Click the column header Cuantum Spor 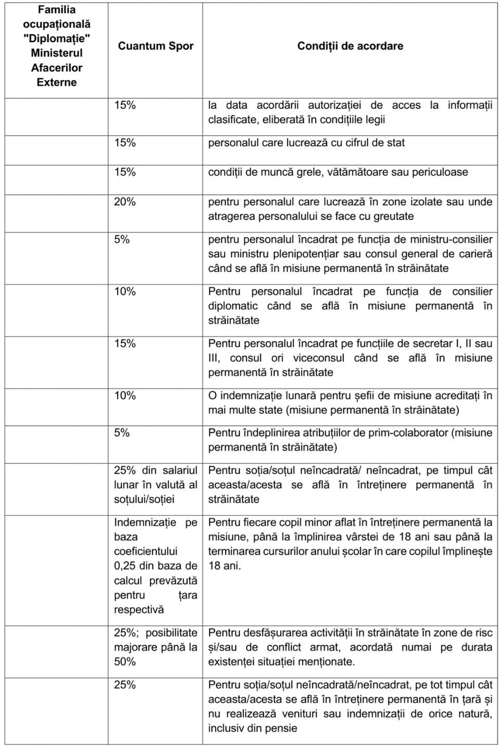click(x=155, y=46)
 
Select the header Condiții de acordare click(x=350, y=46)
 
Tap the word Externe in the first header click(x=56, y=82)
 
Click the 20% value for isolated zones click(x=125, y=202)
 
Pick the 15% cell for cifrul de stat click(x=125, y=143)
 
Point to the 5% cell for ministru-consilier click(x=122, y=240)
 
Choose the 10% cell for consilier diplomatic click(x=125, y=292)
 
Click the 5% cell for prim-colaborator click(x=122, y=433)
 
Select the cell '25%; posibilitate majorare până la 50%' click(x=155, y=647)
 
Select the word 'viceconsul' click(x=318, y=358)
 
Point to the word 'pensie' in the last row click(x=281, y=728)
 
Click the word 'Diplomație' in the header click(x=57, y=39)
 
